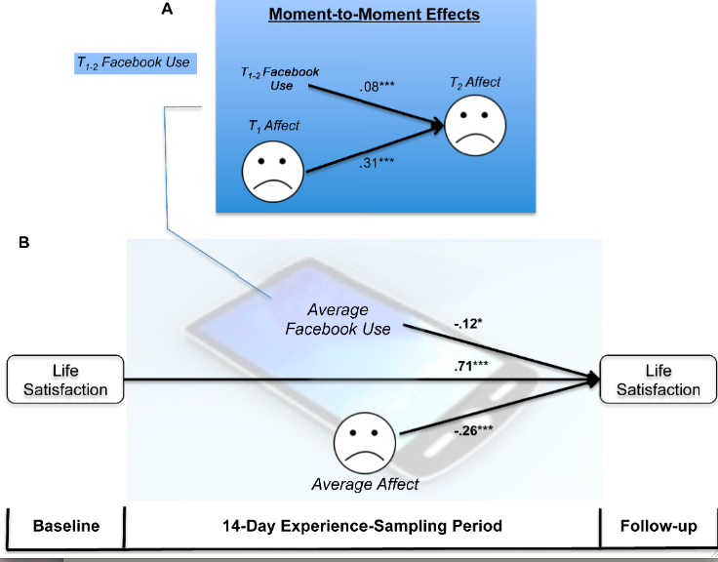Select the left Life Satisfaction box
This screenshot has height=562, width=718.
click(64, 378)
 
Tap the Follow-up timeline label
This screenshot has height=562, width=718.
click(658, 526)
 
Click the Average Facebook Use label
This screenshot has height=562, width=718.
click(338, 318)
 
